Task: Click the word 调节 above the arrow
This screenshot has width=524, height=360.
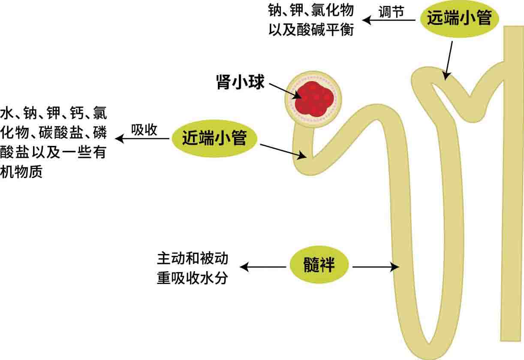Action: (x=391, y=12)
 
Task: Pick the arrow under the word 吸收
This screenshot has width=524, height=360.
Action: (x=143, y=138)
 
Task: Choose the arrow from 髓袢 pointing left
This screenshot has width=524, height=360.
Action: (x=263, y=267)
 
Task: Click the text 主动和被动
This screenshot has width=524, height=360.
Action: (x=192, y=259)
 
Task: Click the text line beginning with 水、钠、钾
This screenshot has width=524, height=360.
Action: (x=54, y=114)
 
